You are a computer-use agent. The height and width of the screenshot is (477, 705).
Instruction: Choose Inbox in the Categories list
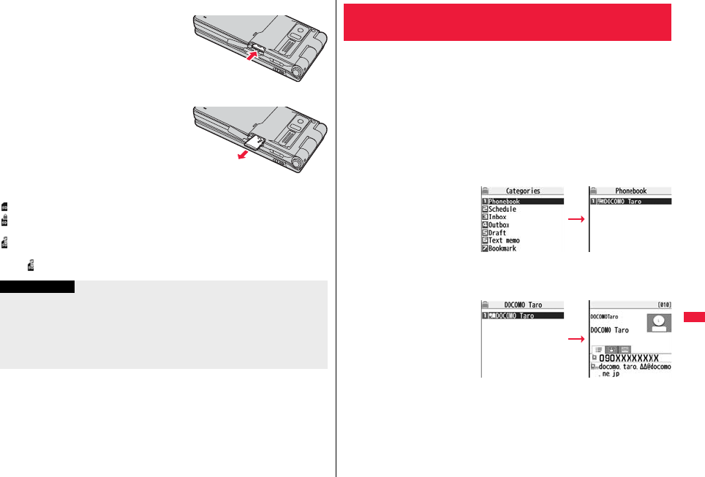pyautogui.click(x=498, y=217)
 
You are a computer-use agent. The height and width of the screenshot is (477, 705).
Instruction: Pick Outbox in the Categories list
pyautogui.click(x=500, y=225)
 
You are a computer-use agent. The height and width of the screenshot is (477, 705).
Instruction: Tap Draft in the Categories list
pyautogui.click(x=497, y=233)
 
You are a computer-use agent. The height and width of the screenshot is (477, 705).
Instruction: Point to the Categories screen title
pyautogui.click(x=523, y=191)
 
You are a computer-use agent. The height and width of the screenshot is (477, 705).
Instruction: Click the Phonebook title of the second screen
pyautogui.click(x=630, y=191)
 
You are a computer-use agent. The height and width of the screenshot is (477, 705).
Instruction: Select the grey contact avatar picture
pyautogui.click(x=659, y=323)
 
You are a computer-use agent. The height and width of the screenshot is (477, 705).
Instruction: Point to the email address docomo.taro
pyautogui.click(x=635, y=367)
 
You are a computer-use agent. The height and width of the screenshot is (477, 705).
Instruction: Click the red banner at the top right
pyautogui.click(x=507, y=22)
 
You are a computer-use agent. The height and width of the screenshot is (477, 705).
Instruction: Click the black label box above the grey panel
pyautogui.click(x=37, y=286)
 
